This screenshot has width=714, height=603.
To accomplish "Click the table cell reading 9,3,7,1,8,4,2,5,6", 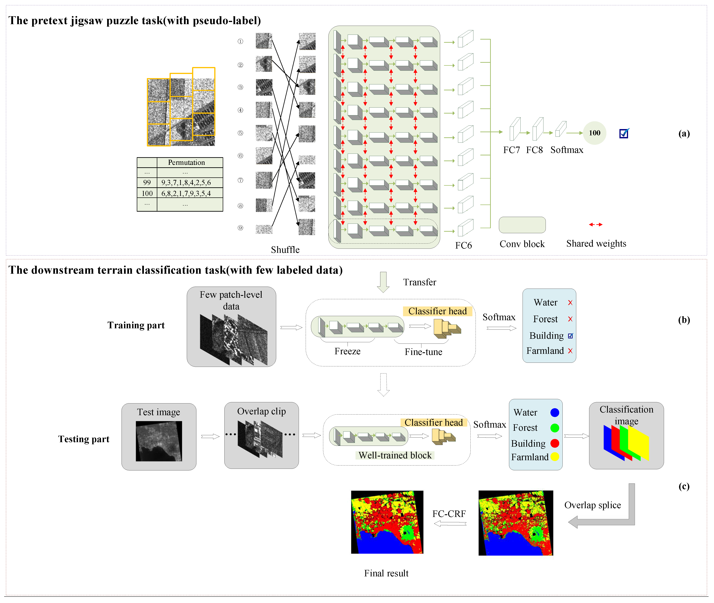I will (186, 183).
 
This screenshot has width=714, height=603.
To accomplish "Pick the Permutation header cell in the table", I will (186, 162).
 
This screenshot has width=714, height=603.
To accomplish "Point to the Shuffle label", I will (285, 250).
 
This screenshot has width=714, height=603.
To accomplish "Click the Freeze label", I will (347, 351).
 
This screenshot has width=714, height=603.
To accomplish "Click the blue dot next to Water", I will (555, 413).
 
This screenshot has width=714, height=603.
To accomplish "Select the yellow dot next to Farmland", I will (555, 457).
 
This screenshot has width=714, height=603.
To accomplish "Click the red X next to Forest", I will (570, 319).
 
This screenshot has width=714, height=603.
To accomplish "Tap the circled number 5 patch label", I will (240, 133).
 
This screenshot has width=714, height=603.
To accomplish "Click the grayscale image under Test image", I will (159, 441).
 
